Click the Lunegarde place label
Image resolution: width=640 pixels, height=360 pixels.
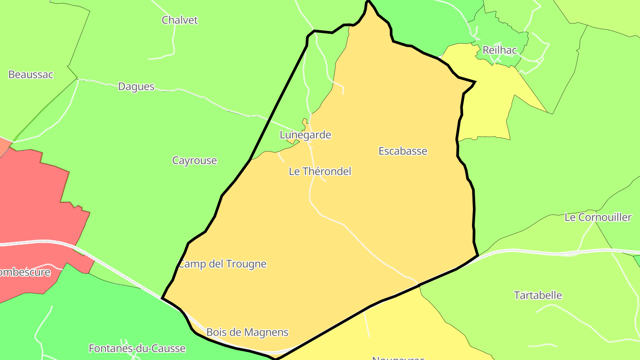point(305,135)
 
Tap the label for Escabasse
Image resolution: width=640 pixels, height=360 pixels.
point(403,151)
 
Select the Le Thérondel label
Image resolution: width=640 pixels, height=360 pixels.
point(320,171)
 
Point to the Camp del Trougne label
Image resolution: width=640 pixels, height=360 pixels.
point(222,264)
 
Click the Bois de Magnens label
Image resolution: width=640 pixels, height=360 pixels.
point(247,332)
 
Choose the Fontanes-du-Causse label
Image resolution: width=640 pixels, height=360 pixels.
point(137,348)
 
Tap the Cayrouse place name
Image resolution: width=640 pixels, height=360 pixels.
point(195,160)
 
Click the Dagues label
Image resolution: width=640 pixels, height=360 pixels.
point(136,87)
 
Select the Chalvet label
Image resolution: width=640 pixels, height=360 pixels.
point(180,20)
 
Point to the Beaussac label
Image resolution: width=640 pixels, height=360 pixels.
point(31,74)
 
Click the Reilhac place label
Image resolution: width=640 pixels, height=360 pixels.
point(500,50)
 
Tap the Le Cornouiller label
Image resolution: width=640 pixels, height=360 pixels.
point(598,217)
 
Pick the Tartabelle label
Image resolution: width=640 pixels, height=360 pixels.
point(538,295)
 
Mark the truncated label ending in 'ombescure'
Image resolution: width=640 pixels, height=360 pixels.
point(25,272)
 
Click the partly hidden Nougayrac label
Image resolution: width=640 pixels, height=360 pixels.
point(398,357)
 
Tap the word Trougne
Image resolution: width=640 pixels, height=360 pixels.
point(246,264)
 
